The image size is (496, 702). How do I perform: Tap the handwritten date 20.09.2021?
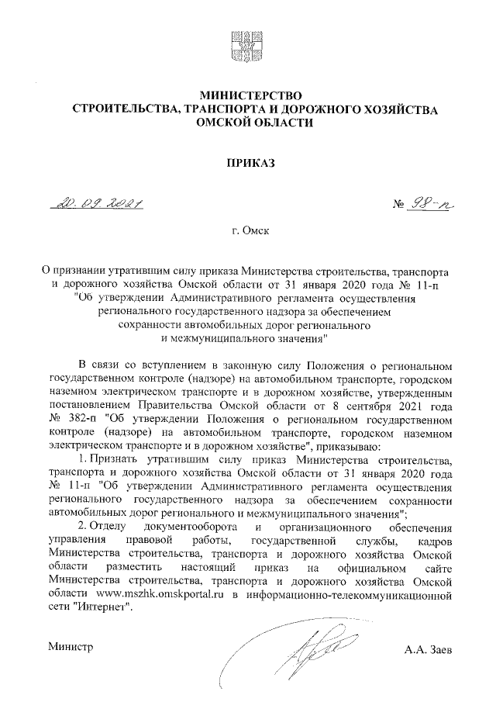99,204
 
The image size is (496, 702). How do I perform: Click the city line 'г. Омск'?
247,231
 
